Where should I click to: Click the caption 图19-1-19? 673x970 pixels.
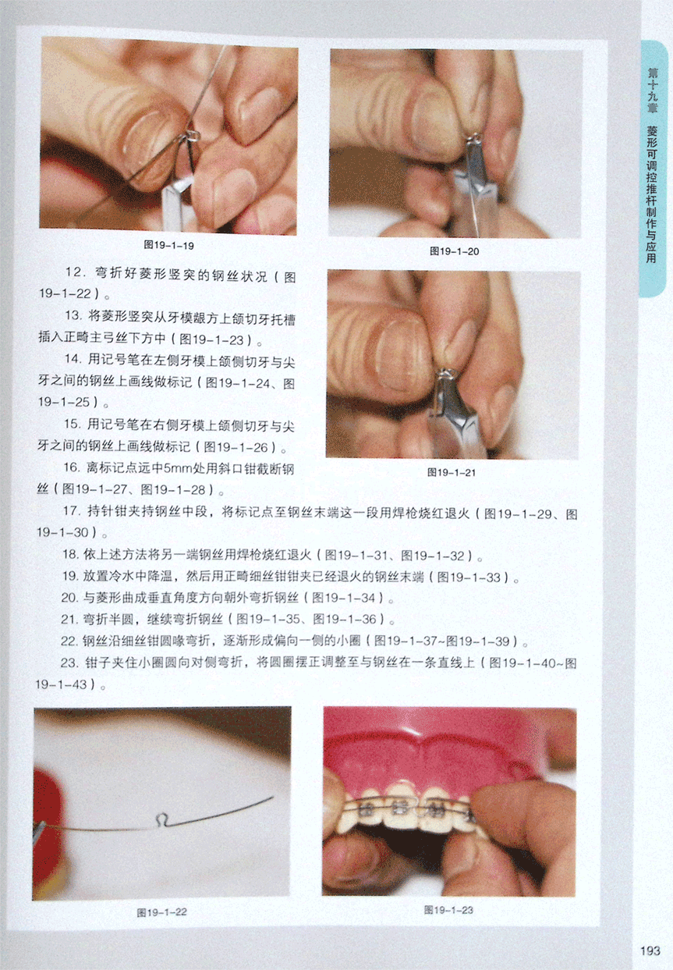coord(168,246)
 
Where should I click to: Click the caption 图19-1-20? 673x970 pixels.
coord(454,251)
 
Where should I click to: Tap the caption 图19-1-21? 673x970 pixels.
coord(452,472)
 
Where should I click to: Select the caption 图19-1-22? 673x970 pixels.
coord(161,912)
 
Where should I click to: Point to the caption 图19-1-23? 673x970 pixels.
coord(448,910)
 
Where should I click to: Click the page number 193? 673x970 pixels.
coord(650,951)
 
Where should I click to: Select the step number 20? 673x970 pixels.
coord(69,598)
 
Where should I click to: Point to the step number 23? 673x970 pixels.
coord(69,663)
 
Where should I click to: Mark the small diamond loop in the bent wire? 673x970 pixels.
coord(161,819)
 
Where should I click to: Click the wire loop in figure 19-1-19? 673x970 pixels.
coord(193,136)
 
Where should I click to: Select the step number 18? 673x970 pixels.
coord(69,555)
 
